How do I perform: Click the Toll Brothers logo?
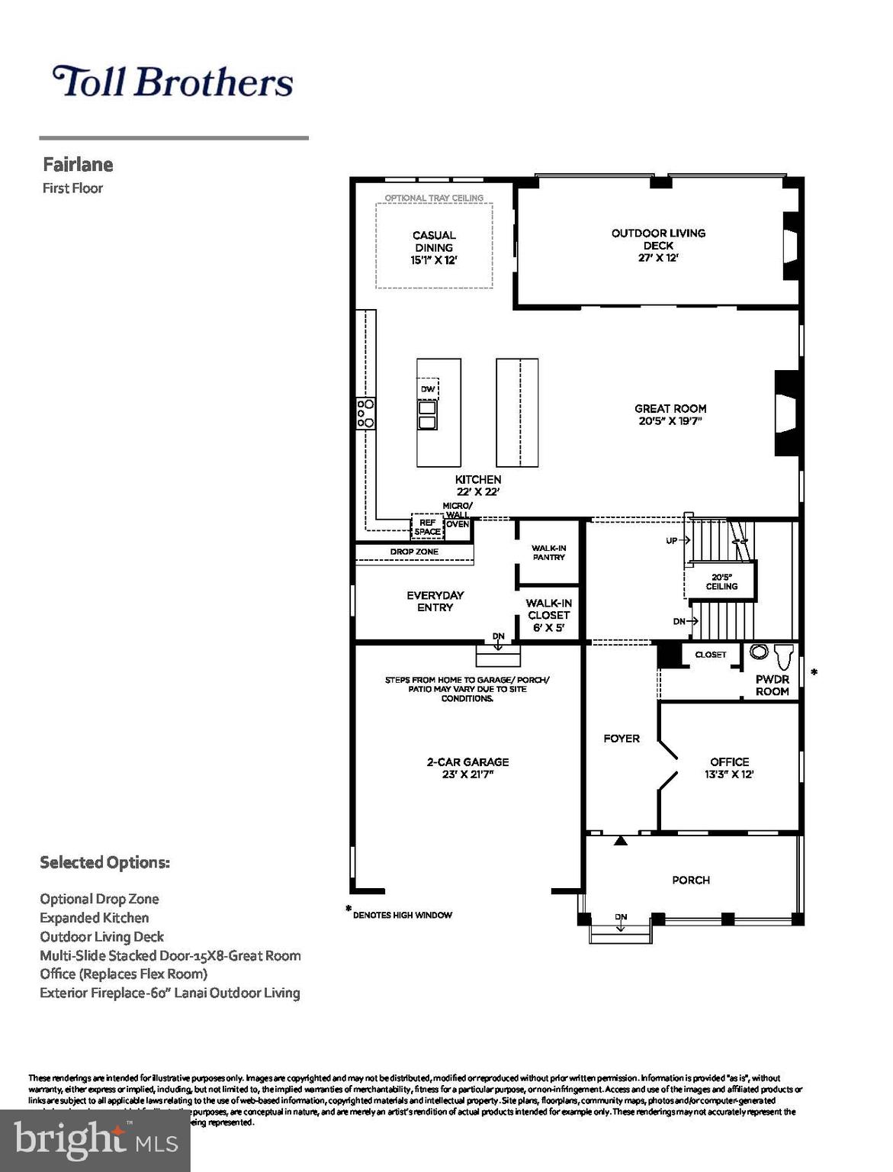click(x=172, y=82)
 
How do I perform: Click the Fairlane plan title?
click(x=78, y=165)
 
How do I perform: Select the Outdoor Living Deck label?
click(x=658, y=239)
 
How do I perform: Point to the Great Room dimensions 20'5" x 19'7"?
click(x=670, y=420)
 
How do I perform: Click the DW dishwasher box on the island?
click(x=428, y=389)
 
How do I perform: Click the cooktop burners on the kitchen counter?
click(x=366, y=413)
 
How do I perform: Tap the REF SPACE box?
click(x=427, y=527)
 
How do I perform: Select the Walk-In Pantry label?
click(x=548, y=552)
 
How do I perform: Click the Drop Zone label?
click(x=414, y=552)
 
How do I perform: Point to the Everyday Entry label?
click(x=435, y=601)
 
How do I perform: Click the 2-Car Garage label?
click(x=467, y=762)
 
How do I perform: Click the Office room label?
click(x=729, y=762)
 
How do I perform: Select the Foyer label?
click(x=621, y=739)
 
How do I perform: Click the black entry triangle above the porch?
click(x=621, y=841)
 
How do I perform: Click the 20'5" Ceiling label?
click(x=721, y=581)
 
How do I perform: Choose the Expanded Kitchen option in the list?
click(x=95, y=918)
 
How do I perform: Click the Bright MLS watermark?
click(x=95, y=1140)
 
